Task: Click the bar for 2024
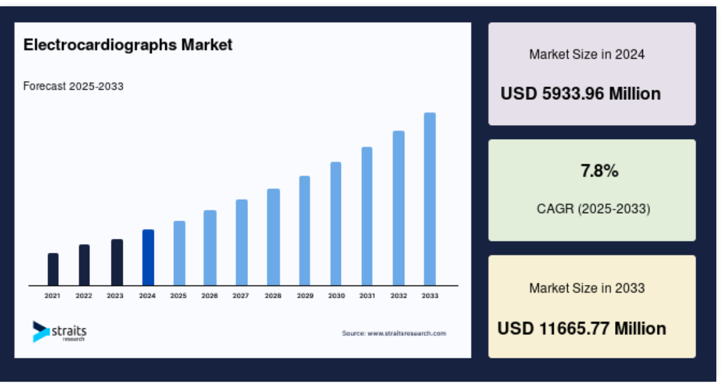[x=148, y=257]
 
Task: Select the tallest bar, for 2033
[x=430, y=199]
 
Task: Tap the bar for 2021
[x=53, y=269]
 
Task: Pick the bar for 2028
[x=273, y=237]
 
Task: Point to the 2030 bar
[x=335, y=224]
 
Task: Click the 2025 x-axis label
[x=178, y=296]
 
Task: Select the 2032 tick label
[x=399, y=296]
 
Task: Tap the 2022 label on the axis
[x=84, y=296]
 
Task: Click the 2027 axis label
[x=241, y=296]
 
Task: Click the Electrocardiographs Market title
[x=128, y=45]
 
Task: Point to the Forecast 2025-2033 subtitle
[x=73, y=87]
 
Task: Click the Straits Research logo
[x=59, y=332]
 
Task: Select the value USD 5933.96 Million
[x=581, y=94]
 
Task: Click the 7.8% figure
[x=599, y=171]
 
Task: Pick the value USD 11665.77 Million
[x=582, y=329]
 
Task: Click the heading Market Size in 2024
[x=587, y=55]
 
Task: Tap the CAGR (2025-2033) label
[x=594, y=209]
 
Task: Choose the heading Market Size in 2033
[x=587, y=288]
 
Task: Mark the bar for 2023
[x=117, y=262]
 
